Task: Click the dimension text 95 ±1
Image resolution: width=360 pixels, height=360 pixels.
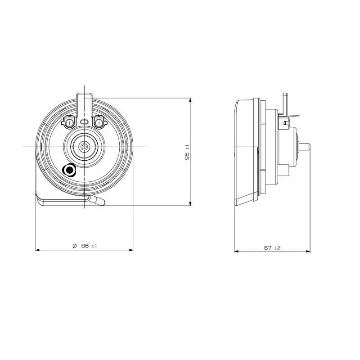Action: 187,152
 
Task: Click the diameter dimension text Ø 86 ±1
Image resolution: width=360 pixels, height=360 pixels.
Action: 85,246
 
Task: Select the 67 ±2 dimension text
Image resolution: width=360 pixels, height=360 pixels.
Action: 272,248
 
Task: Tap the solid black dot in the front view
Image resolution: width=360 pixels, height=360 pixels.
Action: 69,171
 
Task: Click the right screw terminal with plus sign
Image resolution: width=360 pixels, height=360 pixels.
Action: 99,123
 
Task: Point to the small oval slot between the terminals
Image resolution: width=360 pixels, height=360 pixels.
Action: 84,121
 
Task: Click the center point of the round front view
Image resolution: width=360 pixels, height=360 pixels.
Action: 85,147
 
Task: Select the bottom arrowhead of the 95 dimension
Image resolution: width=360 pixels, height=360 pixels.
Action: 190,203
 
